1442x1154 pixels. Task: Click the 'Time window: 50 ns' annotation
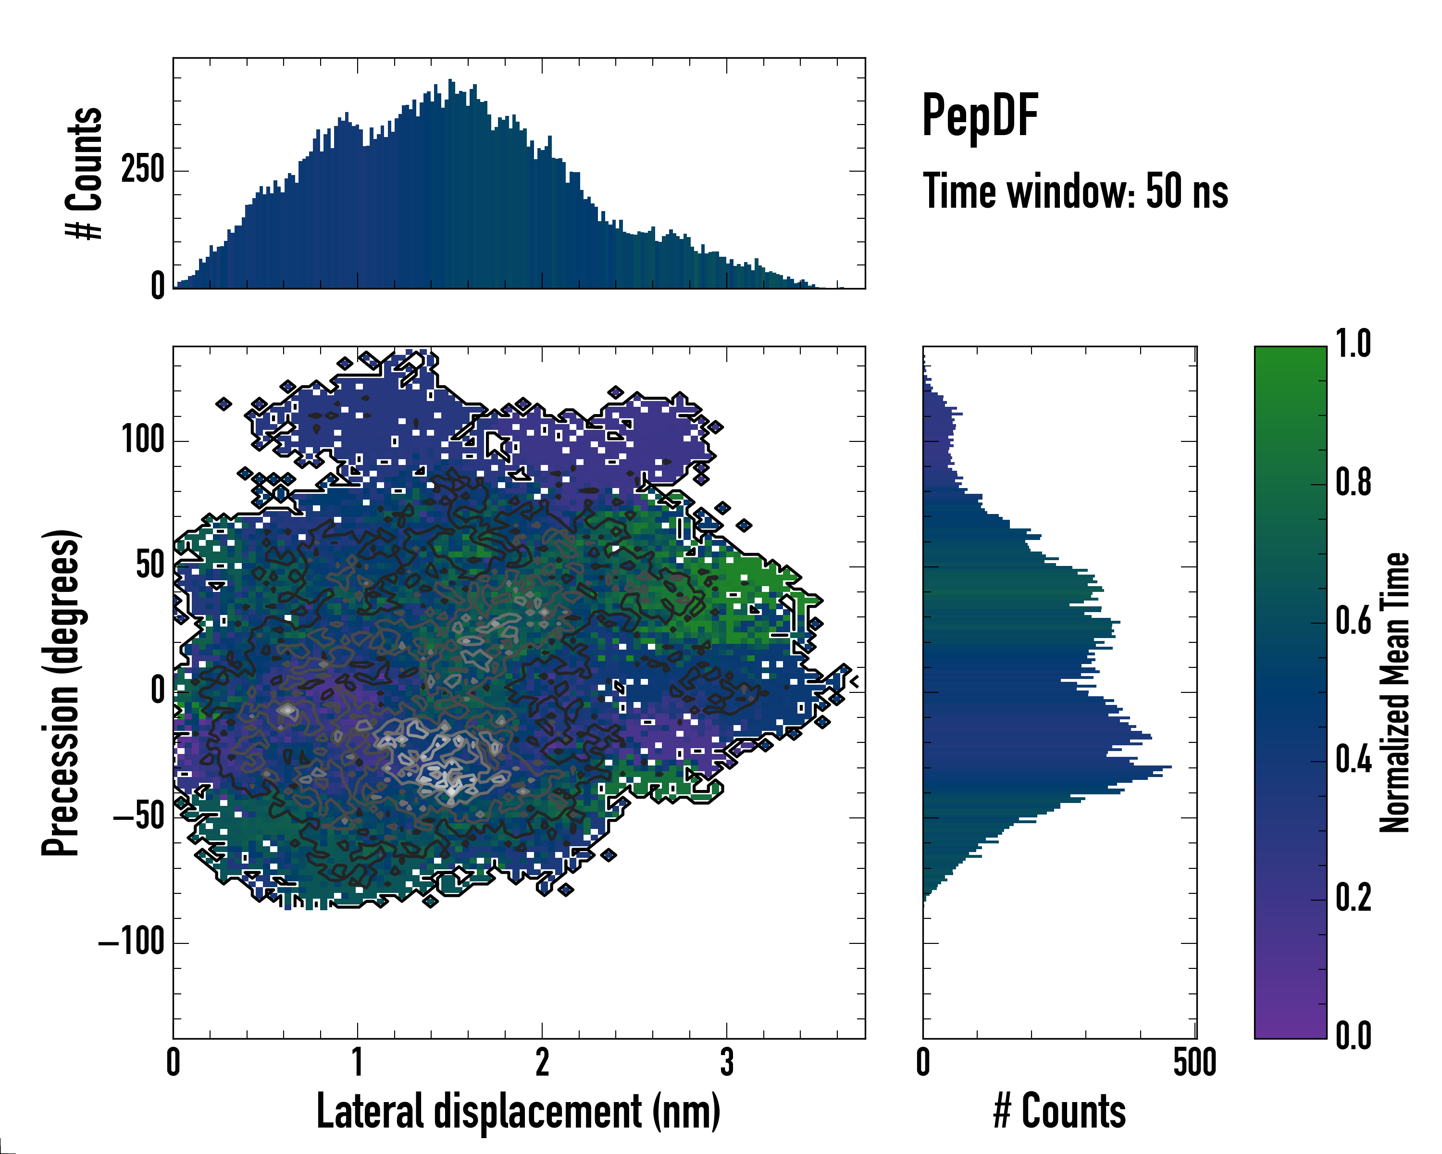click(x=1075, y=191)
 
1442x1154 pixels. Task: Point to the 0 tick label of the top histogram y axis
click(x=158, y=286)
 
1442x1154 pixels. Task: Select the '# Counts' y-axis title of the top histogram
click(x=84, y=173)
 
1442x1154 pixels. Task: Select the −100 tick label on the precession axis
click(x=131, y=942)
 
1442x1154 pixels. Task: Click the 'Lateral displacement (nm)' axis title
click(x=518, y=1111)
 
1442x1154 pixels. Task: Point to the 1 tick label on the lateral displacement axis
click(x=358, y=1062)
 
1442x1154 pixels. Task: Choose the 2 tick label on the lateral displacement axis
click(x=542, y=1062)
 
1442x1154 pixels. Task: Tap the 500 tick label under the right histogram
click(x=1194, y=1062)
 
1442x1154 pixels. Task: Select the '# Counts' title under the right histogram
click(x=1059, y=1111)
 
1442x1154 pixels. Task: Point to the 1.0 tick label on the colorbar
click(x=1353, y=345)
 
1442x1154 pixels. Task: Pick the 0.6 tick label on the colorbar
click(x=1353, y=622)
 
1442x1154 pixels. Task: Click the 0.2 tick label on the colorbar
click(x=1353, y=899)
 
